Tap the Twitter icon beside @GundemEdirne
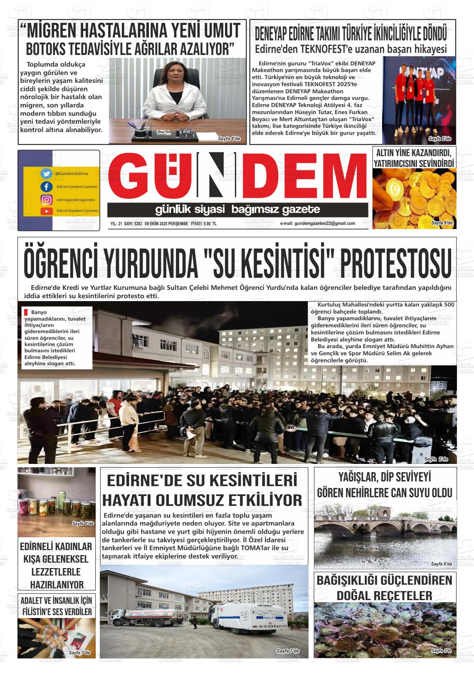47,174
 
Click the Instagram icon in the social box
47,199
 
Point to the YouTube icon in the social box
47,211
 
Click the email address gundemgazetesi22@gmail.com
318,224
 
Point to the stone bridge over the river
385,522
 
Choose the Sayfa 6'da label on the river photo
441,564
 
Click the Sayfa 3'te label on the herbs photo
442,651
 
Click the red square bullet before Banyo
26,312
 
